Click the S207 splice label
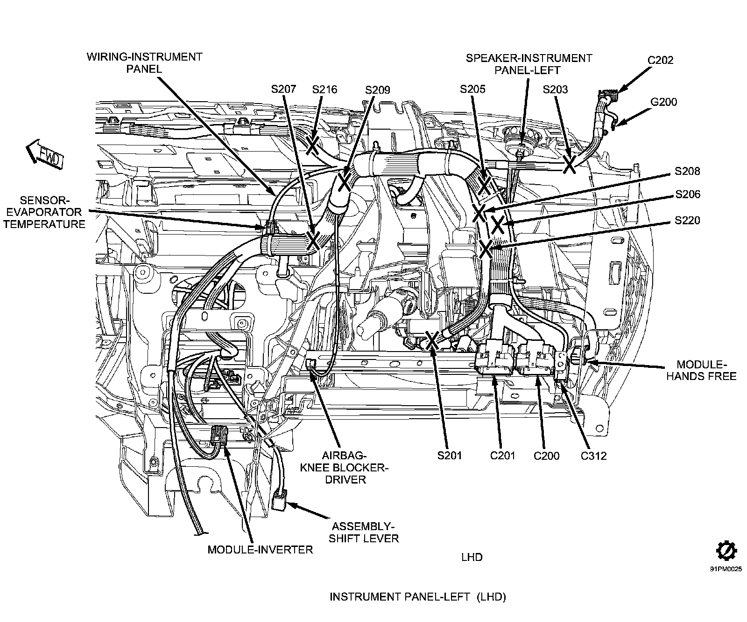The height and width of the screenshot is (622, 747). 283,89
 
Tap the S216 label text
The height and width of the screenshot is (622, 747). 324,89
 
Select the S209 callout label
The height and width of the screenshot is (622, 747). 378,90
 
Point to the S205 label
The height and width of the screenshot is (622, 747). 472,89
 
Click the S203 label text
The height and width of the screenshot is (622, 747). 555,89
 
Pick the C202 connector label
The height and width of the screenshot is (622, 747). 661,60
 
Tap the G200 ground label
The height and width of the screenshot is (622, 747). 663,102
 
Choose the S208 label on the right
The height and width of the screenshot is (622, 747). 688,171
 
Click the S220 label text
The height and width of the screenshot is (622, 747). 688,220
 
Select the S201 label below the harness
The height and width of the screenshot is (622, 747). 450,456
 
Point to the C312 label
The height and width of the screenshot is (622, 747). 593,456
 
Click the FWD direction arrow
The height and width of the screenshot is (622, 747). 44,154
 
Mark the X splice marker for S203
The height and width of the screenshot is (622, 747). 569,164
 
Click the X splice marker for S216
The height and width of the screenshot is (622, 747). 313,145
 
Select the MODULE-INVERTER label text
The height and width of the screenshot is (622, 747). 260,549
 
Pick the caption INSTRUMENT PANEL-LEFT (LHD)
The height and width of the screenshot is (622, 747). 418,597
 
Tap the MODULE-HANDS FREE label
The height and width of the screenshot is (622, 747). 701,370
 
